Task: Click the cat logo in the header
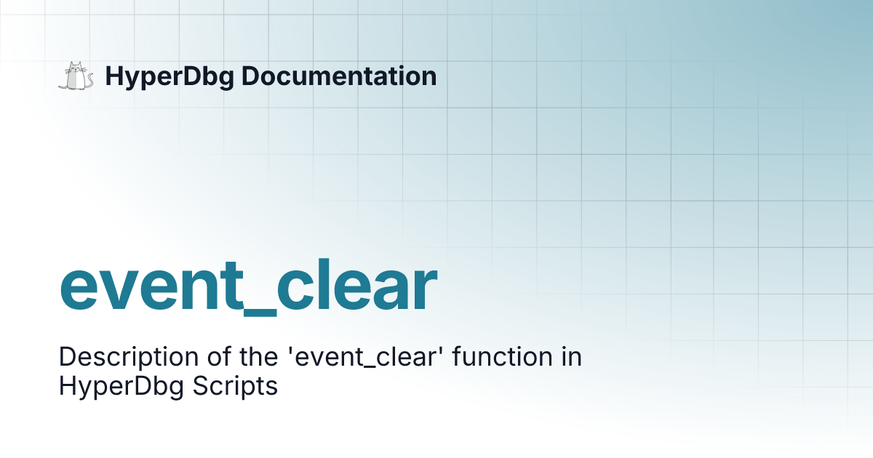pyautogui.click(x=76, y=76)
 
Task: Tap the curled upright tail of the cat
pyautogui.click(x=90, y=76)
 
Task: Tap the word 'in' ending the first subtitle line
pyautogui.click(x=570, y=358)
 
